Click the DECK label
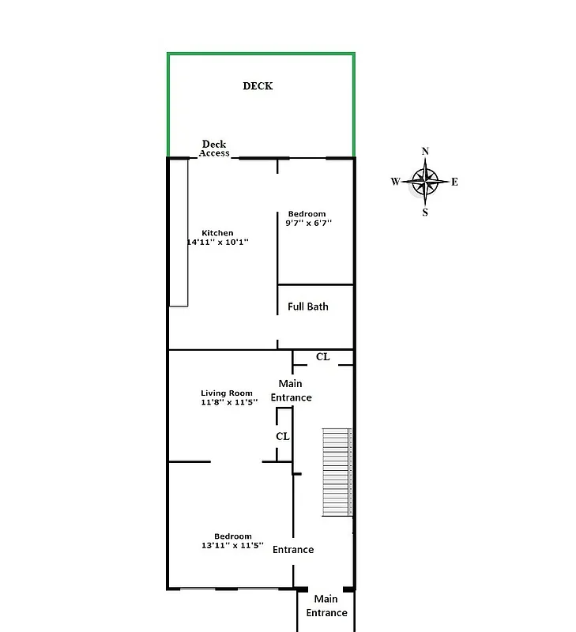coord(258,86)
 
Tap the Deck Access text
coord(214,149)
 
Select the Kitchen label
coord(217,233)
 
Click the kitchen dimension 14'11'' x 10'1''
coord(217,243)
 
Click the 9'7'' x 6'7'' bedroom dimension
coord(308,224)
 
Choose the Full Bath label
coord(308,307)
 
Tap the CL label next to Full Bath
coord(322,357)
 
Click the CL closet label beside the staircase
coord(282,436)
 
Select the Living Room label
coord(227,393)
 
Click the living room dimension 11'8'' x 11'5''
coord(229,402)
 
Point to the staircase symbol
coord(336,472)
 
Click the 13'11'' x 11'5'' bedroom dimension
coord(232,545)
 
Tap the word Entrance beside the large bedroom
coord(293,550)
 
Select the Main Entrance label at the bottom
coord(326,606)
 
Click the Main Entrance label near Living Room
coord(292,391)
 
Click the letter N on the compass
coord(425,151)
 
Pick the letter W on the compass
coord(395,182)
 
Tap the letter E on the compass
coord(455,182)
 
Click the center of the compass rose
coord(425,182)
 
